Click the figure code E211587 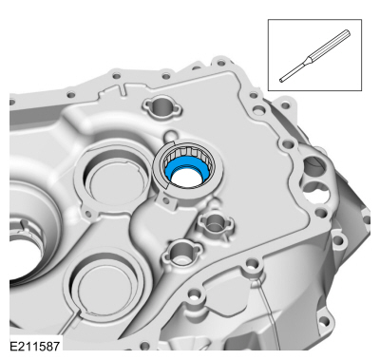coord(34,346)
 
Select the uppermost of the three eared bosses coord(162,107)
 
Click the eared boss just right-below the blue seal coord(216,222)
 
